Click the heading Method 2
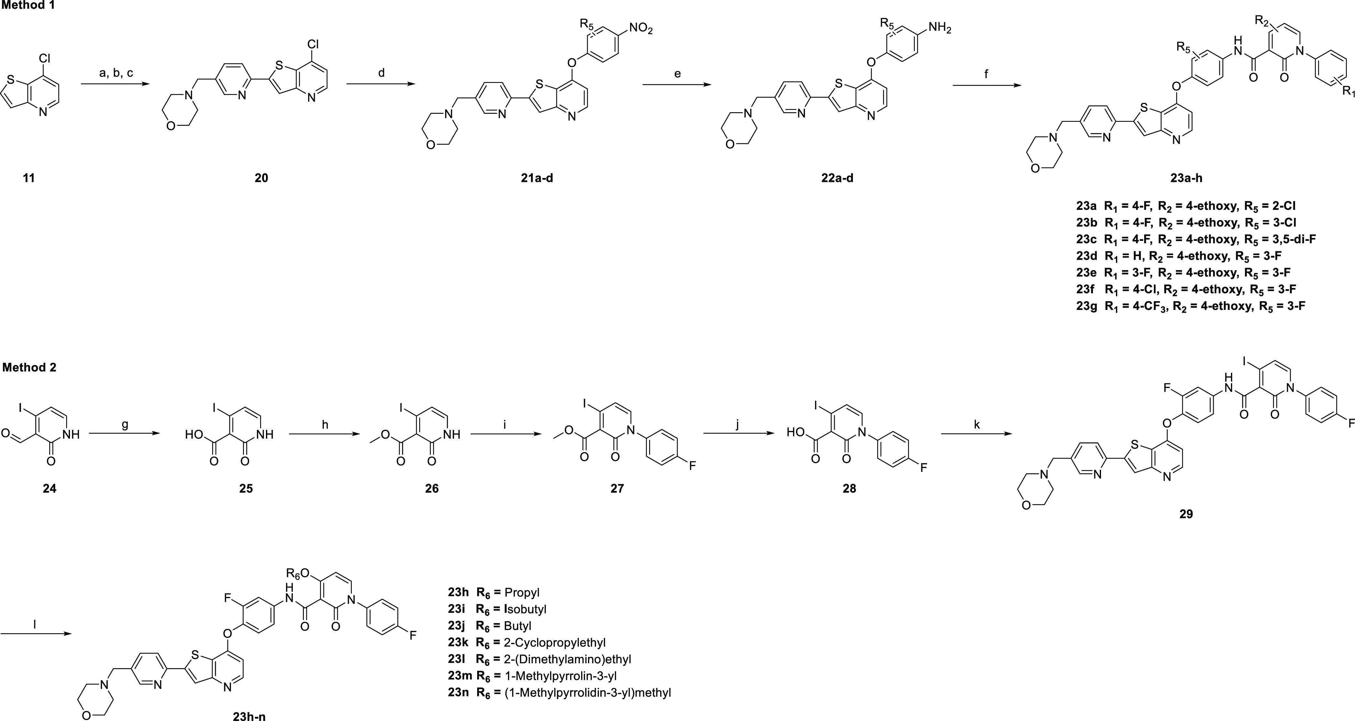pyautogui.click(x=29, y=367)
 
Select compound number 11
pyautogui.click(x=29, y=178)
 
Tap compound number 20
pyautogui.click(x=261, y=178)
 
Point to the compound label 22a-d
pyautogui.click(x=837, y=178)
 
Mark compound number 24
pyautogui.click(x=50, y=488)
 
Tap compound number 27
pyautogui.click(x=617, y=488)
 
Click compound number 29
pyautogui.click(x=1186, y=514)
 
